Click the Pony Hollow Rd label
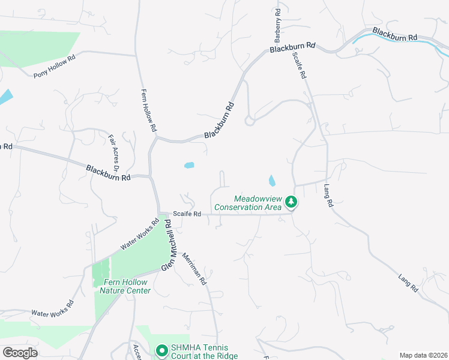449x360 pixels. pos(55,66)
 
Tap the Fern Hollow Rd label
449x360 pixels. pos(148,110)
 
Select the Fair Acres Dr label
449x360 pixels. pos(115,152)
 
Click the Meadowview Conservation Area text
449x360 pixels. pos(247,203)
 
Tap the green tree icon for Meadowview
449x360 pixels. pos(291,202)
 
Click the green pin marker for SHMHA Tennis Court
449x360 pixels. pos(161,350)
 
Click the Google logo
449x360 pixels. pos(20,353)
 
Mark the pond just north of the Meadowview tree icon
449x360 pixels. pos(272,180)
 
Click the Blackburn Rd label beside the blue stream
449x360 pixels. pos(394,34)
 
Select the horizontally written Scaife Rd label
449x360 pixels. pos(186,214)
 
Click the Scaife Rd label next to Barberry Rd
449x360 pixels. pos(299,65)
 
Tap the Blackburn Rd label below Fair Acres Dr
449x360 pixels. pos(108,173)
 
